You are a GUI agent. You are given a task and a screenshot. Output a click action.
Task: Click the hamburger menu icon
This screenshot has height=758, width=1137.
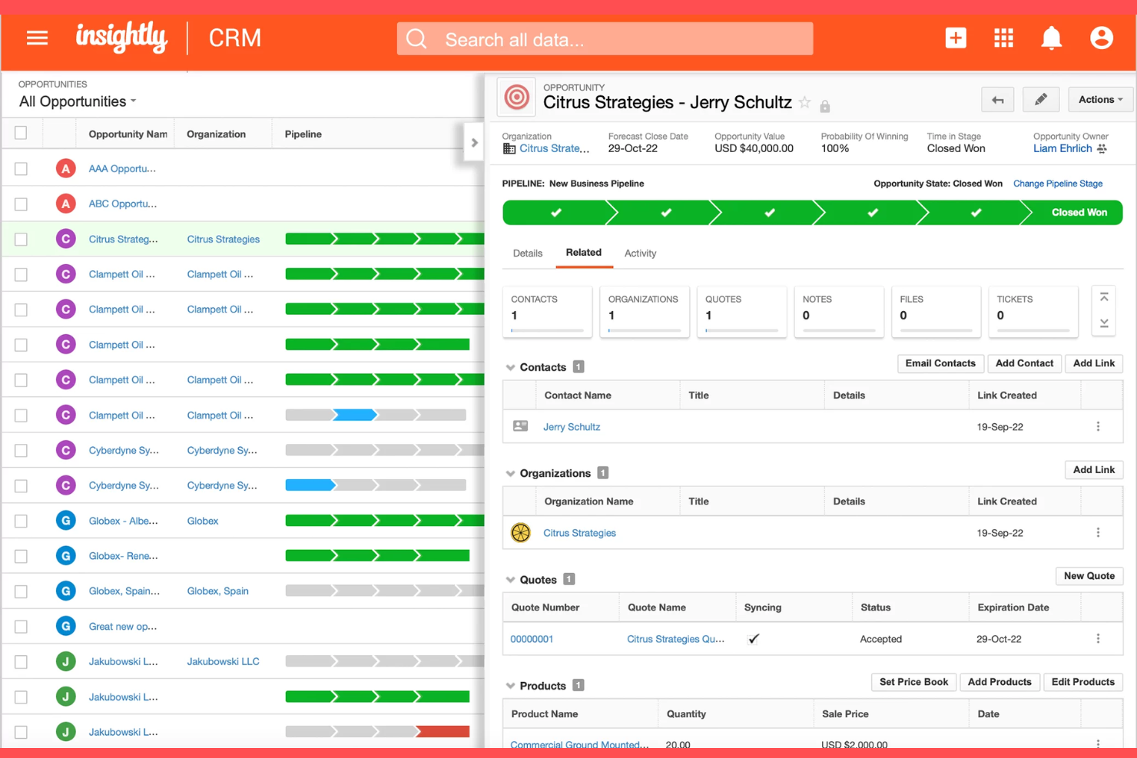click(x=37, y=38)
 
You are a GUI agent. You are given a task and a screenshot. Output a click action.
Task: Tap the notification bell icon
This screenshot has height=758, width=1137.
click(x=1051, y=38)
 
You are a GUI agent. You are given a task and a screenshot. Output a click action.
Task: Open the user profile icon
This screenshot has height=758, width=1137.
click(x=1101, y=38)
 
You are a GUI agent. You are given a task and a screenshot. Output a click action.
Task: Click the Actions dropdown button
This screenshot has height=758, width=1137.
click(x=1099, y=100)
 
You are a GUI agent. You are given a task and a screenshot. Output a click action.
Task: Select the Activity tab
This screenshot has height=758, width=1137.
click(x=640, y=253)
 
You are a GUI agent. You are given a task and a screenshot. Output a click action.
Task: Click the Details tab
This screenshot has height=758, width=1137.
click(x=528, y=253)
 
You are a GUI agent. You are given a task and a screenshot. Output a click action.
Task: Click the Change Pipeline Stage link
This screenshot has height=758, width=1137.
click(x=1057, y=184)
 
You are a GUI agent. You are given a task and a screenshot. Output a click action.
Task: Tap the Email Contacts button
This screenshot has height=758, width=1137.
click(x=940, y=363)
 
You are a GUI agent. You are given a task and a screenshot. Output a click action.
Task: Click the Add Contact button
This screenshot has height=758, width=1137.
click(x=1024, y=363)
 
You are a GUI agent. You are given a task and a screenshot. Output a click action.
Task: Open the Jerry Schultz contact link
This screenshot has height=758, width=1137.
click(x=572, y=427)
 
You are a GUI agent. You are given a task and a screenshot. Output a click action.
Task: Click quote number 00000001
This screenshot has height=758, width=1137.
click(x=532, y=639)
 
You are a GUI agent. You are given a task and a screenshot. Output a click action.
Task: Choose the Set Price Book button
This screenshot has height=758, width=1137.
click(x=913, y=682)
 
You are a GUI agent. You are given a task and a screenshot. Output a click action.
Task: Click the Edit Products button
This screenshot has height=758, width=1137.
click(x=1082, y=682)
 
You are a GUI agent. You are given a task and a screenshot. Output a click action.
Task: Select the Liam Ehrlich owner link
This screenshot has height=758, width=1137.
click(x=1062, y=149)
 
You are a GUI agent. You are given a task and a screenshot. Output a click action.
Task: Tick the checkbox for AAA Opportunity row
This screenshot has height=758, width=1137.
click(x=21, y=169)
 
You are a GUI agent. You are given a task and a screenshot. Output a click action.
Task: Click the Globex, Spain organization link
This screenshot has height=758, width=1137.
click(x=217, y=591)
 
